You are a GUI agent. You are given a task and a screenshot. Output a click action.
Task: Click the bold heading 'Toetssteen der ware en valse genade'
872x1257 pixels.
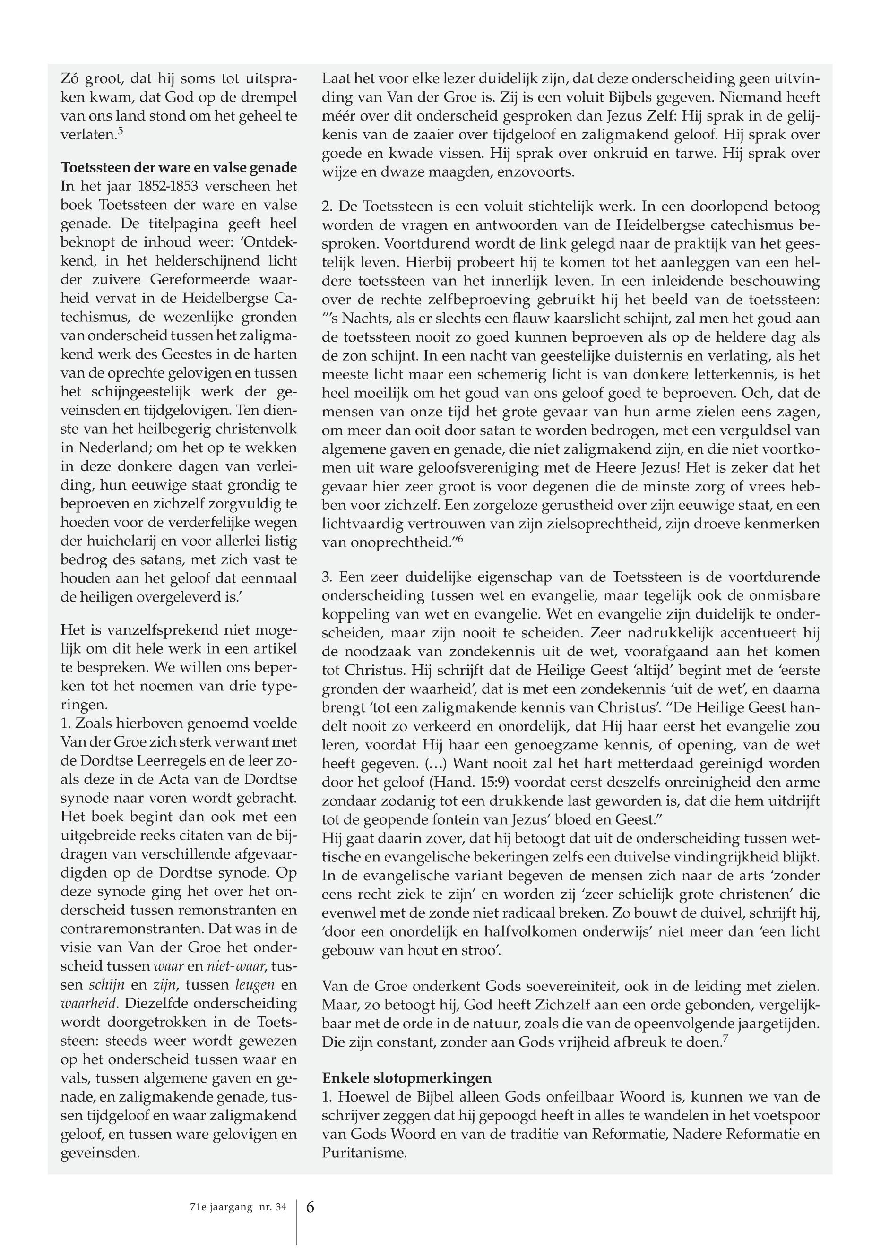coord(179,167)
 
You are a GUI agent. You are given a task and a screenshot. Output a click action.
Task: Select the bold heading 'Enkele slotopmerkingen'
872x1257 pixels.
coord(406,1078)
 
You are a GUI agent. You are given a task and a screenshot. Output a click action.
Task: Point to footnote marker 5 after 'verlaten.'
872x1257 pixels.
coord(120,131)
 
